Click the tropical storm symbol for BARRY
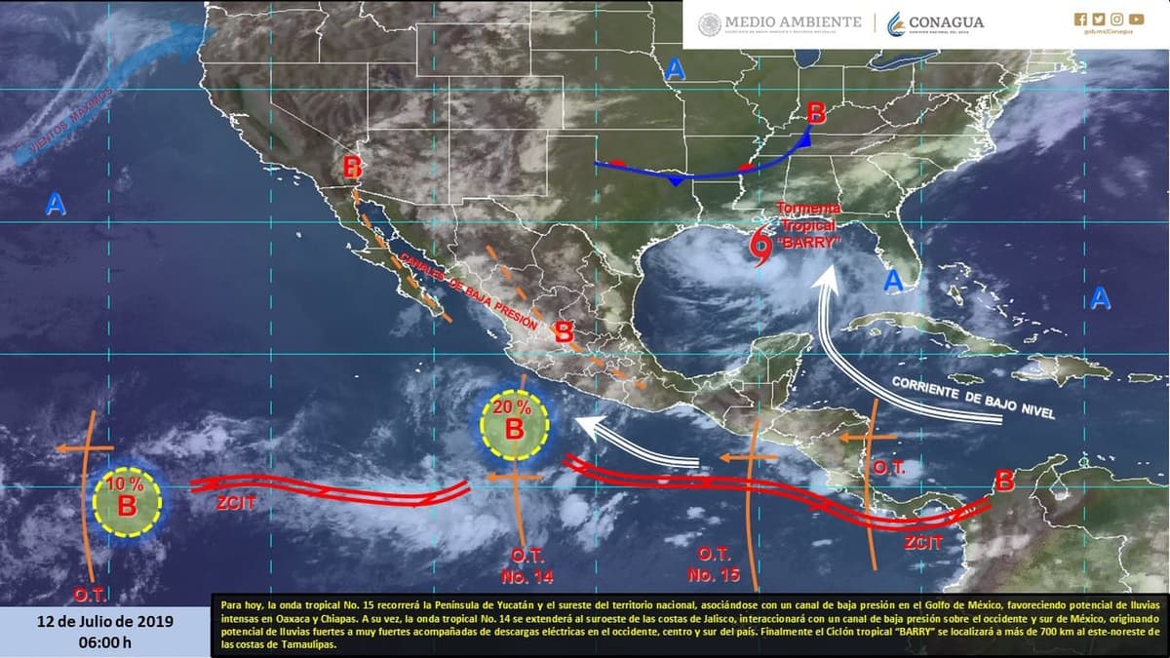760,249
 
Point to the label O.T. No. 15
711,566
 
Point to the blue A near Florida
891,282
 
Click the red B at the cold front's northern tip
816,113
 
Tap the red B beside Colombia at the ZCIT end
1003,481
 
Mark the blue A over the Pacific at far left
56,204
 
